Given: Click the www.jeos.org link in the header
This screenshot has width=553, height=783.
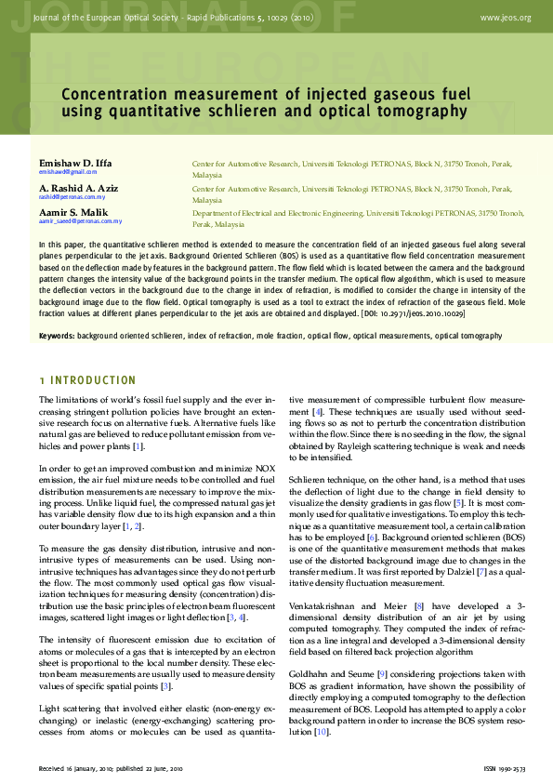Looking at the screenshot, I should tap(506, 17).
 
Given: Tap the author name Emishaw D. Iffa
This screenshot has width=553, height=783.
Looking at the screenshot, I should tap(75, 163).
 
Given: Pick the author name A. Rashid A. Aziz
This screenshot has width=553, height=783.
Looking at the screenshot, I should tap(79, 188).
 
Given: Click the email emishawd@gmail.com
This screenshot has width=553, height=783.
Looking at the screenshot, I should tap(68, 173).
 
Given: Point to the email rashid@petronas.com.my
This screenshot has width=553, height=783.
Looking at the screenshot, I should tap(72, 198).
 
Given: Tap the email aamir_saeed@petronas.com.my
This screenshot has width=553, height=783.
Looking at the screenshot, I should tap(80, 222).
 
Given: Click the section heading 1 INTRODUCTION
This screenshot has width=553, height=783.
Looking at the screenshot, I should tap(87, 381).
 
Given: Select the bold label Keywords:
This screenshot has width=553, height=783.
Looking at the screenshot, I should tap(57, 335).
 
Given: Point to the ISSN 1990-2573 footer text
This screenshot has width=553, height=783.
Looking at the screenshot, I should tap(506, 769).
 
